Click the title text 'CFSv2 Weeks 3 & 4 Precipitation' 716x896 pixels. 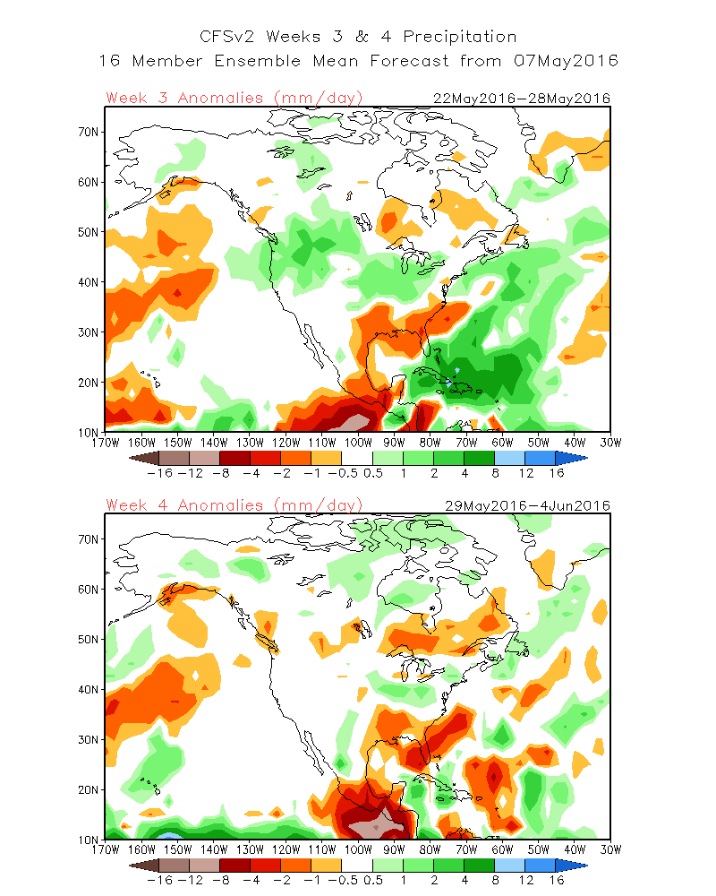(x=357, y=37)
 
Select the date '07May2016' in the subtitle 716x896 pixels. (x=567, y=61)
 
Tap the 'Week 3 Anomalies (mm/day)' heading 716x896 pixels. (x=234, y=98)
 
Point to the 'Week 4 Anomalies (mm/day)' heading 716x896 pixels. (x=234, y=505)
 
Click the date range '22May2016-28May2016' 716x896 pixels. (x=521, y=98)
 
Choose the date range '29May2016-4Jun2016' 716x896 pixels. (x=528, y=505)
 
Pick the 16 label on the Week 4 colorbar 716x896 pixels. (x=556, y=880)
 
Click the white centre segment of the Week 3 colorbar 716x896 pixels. (x=357, y=457)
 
